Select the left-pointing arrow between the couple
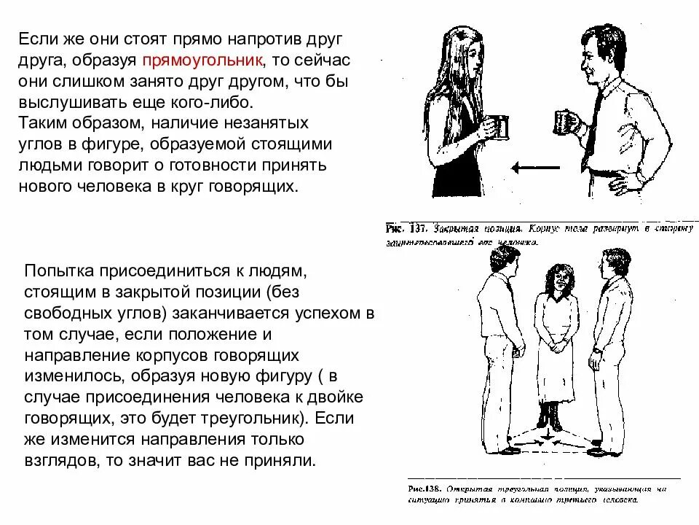click(535, 168)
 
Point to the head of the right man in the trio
click(609, 262)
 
